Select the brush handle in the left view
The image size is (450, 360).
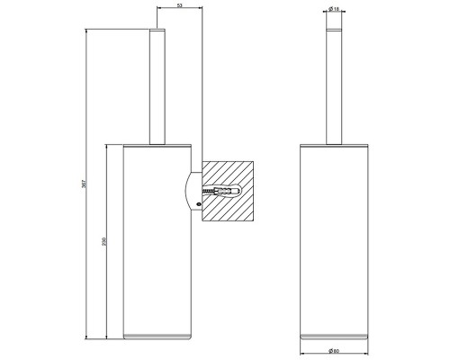tap(157, 85)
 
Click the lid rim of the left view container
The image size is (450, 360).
tap(157, 145)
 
